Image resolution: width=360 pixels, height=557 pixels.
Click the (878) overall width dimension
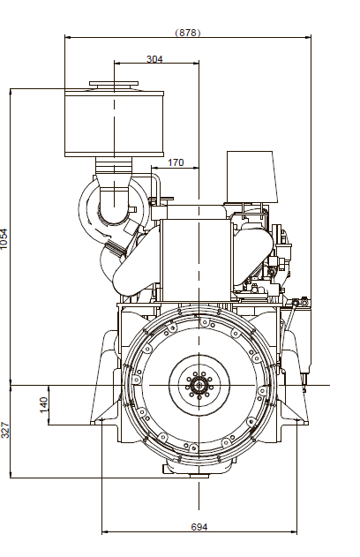click(x=187, y=33)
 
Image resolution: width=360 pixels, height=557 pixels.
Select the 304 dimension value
click(x=154, y=59)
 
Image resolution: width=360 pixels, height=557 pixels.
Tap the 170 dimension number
click(x=176, y=162)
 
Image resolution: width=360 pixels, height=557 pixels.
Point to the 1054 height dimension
click(x=4, y=238)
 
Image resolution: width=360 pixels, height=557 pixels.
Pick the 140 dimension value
click(x=43, y=405)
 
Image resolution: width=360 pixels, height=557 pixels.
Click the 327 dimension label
click(x=4, y=430)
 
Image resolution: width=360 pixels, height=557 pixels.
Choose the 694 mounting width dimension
click(x=199, y=527)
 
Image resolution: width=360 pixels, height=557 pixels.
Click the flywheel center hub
click(x=199, y=385)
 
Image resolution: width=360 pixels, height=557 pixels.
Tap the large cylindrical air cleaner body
click(x=115, y=124)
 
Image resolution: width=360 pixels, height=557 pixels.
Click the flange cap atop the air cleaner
click(x=114, y=85)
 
